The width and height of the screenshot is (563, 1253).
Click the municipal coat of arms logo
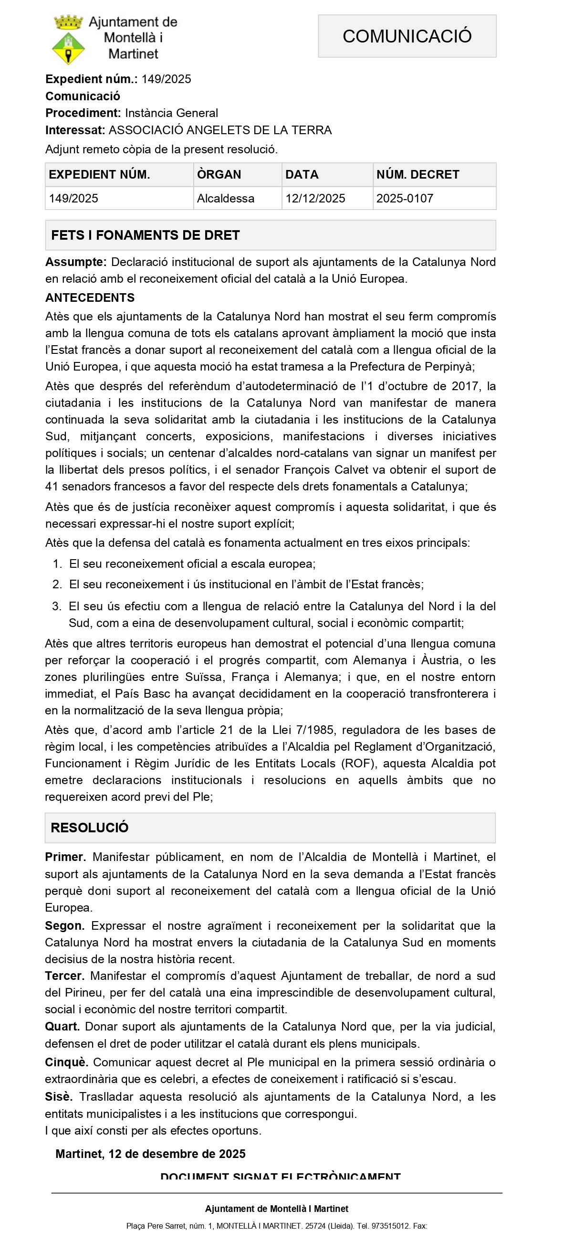[x=69, y=40]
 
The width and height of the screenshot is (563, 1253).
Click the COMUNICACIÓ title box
[x=407, y=36]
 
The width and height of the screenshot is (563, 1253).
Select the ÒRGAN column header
[x=219, y=175]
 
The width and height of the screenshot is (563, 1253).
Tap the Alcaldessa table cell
[x=226, y=199]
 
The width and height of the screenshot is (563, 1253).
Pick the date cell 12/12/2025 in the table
[x=315, y=199]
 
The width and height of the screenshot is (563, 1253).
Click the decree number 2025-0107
[x=405, y=199]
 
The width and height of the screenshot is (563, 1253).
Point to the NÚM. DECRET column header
[x=417, y=175]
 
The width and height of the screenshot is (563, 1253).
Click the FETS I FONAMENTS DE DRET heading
[x=146, y=235]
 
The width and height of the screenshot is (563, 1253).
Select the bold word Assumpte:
[x=76, y=262]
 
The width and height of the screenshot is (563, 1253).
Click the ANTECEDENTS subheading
[x=90, y=297]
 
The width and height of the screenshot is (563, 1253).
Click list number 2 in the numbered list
[x=57, y=584]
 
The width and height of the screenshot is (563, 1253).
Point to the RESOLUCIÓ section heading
[x=89, y=828]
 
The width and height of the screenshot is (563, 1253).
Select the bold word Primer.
[x=65, y=857]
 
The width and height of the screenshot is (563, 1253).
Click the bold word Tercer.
[x=65, y=976]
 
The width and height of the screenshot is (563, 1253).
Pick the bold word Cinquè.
[x=67, y=1062]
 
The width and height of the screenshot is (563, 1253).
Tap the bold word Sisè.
[x=59, y=1097]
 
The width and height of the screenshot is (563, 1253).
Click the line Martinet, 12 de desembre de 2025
[x=150, y=1154]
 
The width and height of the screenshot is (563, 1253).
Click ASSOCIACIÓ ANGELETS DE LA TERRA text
[x=220, y=130]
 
